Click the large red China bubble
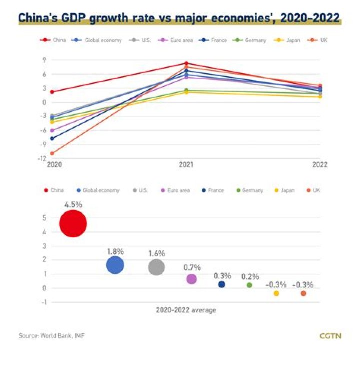pos(73,224)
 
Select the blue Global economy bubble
pos(115,265)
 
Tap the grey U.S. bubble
pos(156,267)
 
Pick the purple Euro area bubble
pos(191,279)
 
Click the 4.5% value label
pos(73,204)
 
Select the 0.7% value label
pos(191,268)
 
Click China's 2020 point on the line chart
pos(52,92)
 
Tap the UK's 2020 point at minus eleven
pos(52,153)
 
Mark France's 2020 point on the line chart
pos(52,138)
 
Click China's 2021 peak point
pos(186,63)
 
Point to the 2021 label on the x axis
pos(186,164)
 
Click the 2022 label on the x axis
pos(320,164)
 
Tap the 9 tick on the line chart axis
pos(45,60)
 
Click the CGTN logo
pos(330,336)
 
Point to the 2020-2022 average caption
pos(186,310)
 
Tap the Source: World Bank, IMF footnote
pos(51,336)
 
